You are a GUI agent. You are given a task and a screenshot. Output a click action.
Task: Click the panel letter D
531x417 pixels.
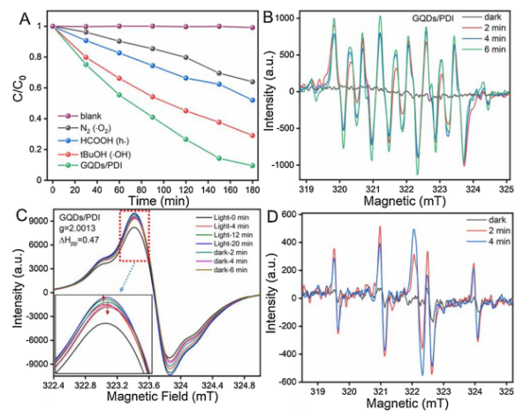click(x=276, y=216)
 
